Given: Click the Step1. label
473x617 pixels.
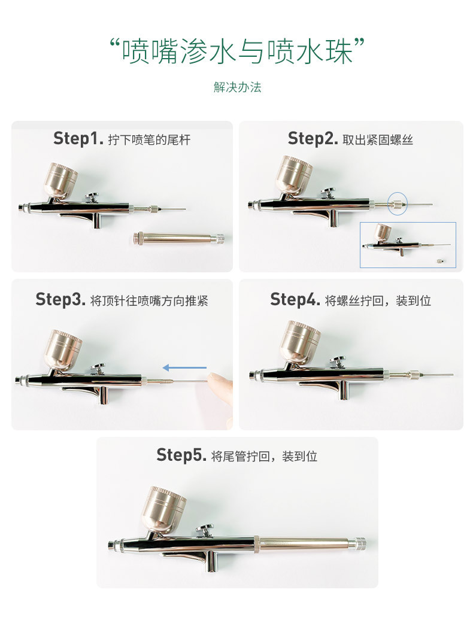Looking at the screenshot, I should tap(78, 139).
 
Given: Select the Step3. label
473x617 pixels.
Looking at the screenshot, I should tap(60, 299).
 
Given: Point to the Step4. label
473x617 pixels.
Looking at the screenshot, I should tap(295, 299).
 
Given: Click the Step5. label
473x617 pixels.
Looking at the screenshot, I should tap(181, 455).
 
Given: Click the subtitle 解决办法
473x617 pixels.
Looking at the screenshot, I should tap(237, 87).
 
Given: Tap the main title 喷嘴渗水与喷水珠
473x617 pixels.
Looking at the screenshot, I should tap(237, 53).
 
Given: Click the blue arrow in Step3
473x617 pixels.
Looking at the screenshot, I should tap(185, 368).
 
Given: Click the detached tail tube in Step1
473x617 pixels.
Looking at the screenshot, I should tap(178, 238).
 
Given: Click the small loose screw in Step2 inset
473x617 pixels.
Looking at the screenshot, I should tap(440, 260).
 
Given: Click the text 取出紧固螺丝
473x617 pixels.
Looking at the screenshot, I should tap(378, 140).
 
